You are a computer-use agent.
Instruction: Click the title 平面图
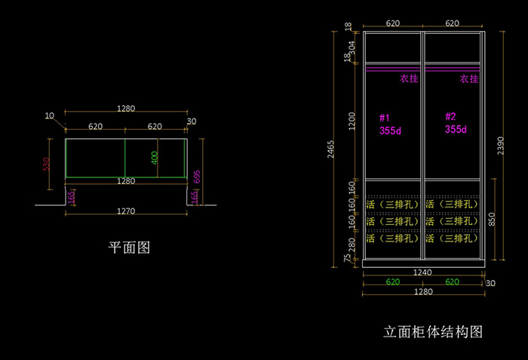pyautogui.click(x=130, y=247)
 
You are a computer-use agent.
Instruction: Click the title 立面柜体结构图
pyautogui.click(x=432, y=331)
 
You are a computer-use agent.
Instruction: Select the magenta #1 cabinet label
pyautogui.click(x=384, y=118)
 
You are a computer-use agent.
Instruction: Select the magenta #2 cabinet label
pyautogui.click(x=450, y=117)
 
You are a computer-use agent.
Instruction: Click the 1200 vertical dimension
pyautogui.click(x=351, y=121)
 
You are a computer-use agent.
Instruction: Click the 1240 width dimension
pyautogui.click(x=422, y=272)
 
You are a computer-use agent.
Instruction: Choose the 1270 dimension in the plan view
pyautogui.click(x=126, y=211)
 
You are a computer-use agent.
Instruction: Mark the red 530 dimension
pyautogui.click(x=46, y=164)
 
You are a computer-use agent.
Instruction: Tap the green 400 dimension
pyautogui.click(x=154, y=158)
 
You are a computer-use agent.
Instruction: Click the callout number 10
pyautogui.click(x=50, y=116)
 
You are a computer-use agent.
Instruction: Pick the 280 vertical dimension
pyautogui.click(x=351, y=245)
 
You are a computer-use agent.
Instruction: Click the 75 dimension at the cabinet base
pyautogui.click(x=348, y=259)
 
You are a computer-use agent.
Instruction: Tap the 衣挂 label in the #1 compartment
pyautogui.click(x=408, y=78)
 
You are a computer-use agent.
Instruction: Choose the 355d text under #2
pyautogui.click(x=456, y=129)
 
